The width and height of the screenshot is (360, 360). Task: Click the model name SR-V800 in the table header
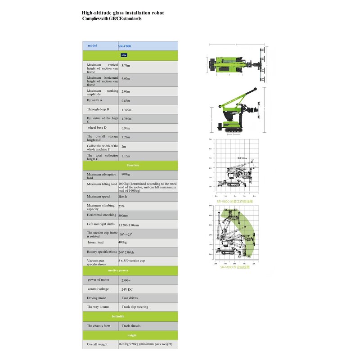(x=125, y=46)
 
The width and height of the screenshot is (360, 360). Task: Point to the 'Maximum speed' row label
(x=99, y=196)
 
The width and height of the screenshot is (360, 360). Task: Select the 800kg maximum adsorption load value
(x=126, y=174)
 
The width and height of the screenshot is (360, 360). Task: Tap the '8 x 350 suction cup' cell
(x=132, y=261)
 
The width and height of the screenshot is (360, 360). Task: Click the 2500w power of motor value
(x=127, y=280)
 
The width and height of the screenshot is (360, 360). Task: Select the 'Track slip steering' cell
(x=135, y=307)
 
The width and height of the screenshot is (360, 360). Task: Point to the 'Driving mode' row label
(x=97, y=298)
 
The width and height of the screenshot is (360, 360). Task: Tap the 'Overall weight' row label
(x=97, y=344)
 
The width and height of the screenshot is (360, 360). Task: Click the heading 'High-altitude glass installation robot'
(x=122, y=13)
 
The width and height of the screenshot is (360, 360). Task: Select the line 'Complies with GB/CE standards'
(x=112, y=19)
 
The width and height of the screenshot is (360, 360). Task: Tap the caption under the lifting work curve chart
(x=234, y=202)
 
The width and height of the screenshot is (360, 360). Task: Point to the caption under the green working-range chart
(x=234, y=267)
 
